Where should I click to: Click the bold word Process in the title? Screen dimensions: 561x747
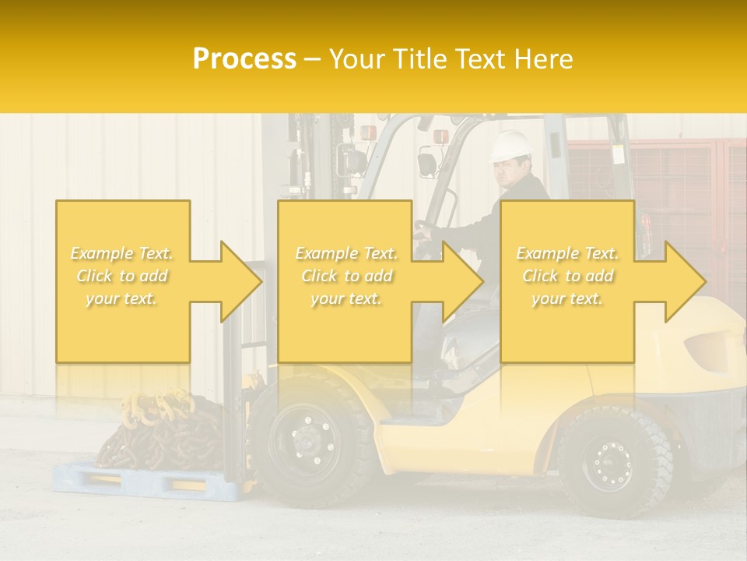coord(244,58)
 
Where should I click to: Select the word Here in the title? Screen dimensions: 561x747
coord(545,58)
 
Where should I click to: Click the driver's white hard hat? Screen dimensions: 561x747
coord(510,145)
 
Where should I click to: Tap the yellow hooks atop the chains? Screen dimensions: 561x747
coord(156,405)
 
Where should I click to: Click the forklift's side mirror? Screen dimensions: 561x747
coord(426,164)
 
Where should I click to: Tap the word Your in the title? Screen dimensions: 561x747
coord(357,58)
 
